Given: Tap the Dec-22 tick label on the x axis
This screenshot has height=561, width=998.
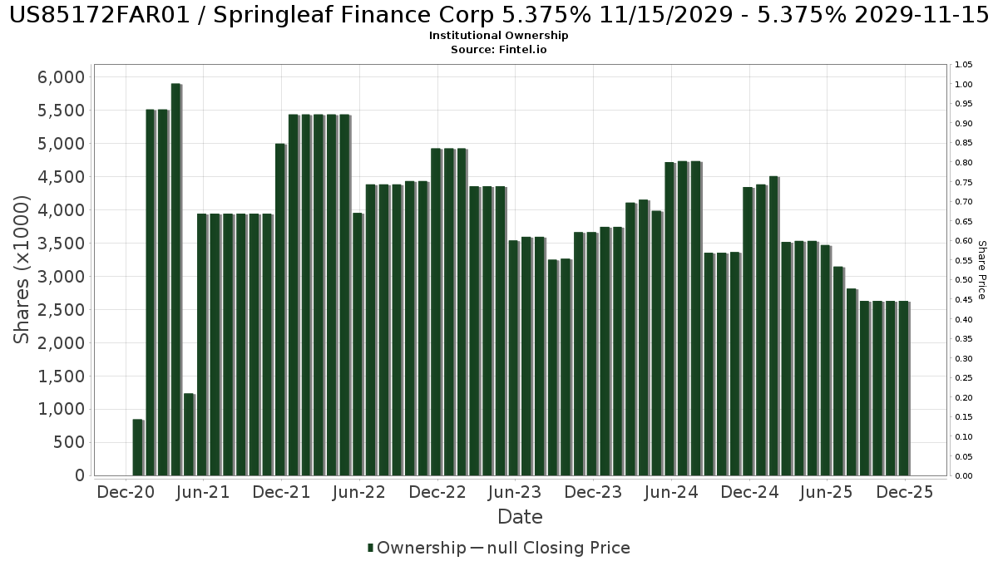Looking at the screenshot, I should (437, 492).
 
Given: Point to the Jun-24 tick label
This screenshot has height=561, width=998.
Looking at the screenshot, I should (671, 492).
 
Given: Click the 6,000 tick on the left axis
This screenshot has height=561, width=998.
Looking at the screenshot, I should (62, 77).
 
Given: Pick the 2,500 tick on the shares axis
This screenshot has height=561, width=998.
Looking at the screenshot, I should (62, 310).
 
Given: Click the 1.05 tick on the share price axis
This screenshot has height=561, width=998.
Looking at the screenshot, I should (965, 65).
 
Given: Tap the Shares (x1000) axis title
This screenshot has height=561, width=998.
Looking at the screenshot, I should (22, 269).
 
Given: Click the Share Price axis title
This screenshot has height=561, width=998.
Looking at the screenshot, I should (981, 269).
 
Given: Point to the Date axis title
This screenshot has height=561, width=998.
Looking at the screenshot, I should (520, 517).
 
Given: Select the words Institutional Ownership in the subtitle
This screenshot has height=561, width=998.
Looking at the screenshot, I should (499, 36).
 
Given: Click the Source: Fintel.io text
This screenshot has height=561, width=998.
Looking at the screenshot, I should (499, 49).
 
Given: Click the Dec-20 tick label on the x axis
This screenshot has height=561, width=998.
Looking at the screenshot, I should (126, 492).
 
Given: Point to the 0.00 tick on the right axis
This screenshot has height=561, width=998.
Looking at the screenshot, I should (965, 476).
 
